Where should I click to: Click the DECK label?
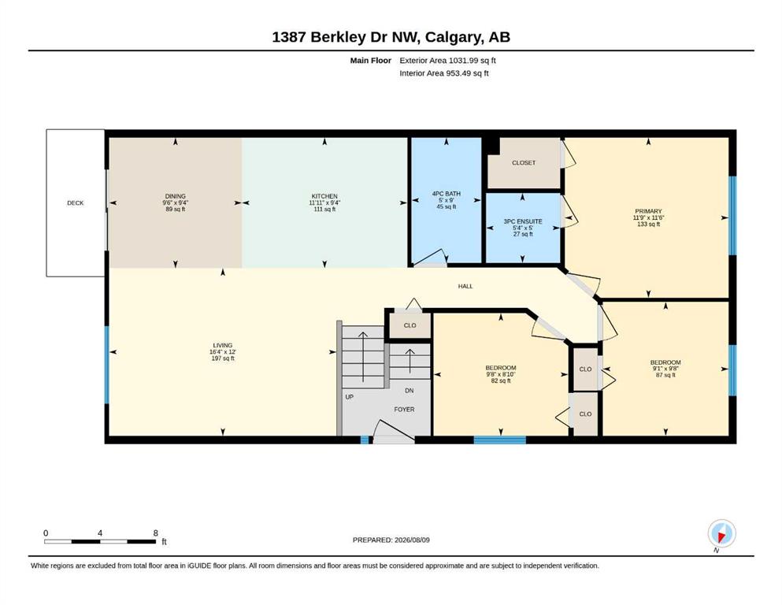point(76,203)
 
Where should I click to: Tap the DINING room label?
point(175,196)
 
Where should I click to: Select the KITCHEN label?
point(324,196)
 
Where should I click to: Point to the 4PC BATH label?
point(447,194)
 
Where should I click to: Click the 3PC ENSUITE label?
point(523,221)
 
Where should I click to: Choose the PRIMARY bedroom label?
point(648,211)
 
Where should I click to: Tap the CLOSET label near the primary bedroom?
point(524,162)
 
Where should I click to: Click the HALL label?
point(465,286)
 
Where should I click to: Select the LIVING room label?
point(222,345)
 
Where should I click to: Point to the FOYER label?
point(404,409)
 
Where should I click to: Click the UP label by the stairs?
point(349,397)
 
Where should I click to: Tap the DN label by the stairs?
point(409,391)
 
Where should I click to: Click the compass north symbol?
point(721,534)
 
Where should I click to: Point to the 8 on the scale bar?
point(156,533)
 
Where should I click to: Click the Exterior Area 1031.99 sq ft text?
point(447,61)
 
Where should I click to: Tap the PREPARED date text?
point(391,540)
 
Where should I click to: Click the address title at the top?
point(391,37)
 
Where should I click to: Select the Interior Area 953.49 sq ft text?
point(444,73)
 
